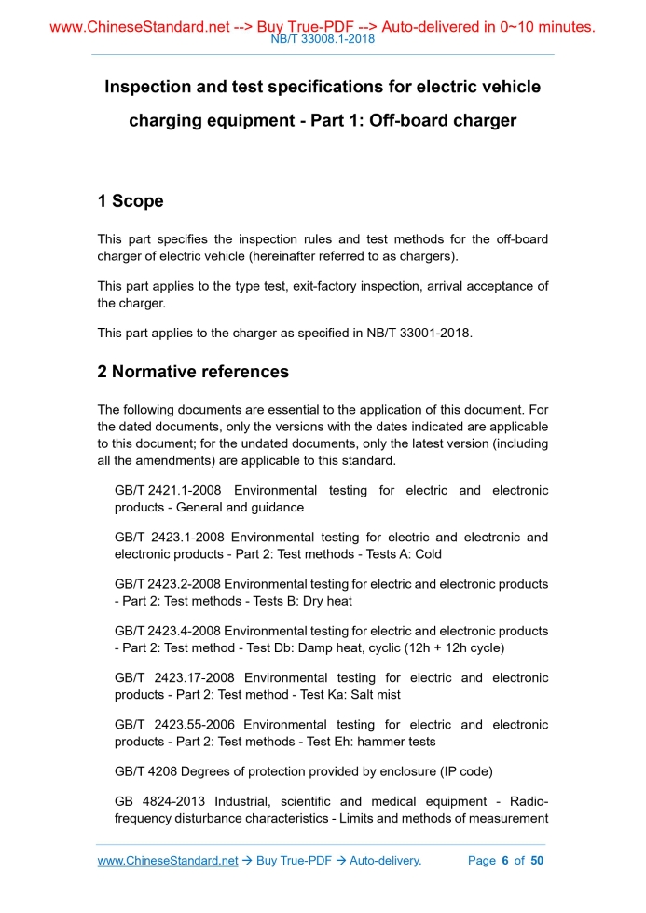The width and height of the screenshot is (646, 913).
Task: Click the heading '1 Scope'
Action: (131, 201)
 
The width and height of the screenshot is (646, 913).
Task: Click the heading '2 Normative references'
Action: (193, 372)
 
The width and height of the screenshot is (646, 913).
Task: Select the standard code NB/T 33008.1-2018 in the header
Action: (322, 41)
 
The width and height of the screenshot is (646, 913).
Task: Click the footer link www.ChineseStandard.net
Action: (168, 861)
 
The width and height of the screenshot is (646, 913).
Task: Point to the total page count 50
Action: (537, 861)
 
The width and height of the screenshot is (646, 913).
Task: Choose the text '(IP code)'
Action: (461, 771)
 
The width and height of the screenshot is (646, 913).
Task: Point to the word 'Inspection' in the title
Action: (150, 87)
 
